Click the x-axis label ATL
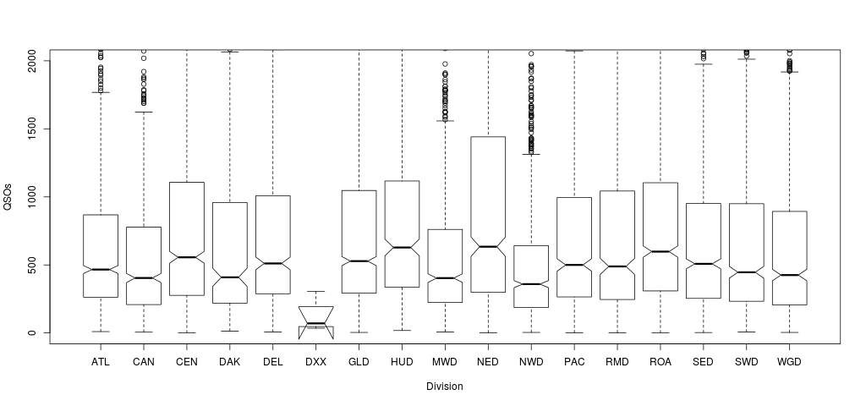[101, 362]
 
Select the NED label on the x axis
[488, 362]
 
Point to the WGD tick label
[789, 362]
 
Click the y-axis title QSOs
[9, 196]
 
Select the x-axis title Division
[445, 387]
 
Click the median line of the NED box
[488, 247]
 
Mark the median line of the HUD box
[402, 247]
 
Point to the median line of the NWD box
[531, 284]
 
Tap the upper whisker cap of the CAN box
[144, 112]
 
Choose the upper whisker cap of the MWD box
[445, 121]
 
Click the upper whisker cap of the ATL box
[101, 92]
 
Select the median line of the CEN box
[187, 257]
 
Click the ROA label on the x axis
[660, 362]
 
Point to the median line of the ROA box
[660, 251]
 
